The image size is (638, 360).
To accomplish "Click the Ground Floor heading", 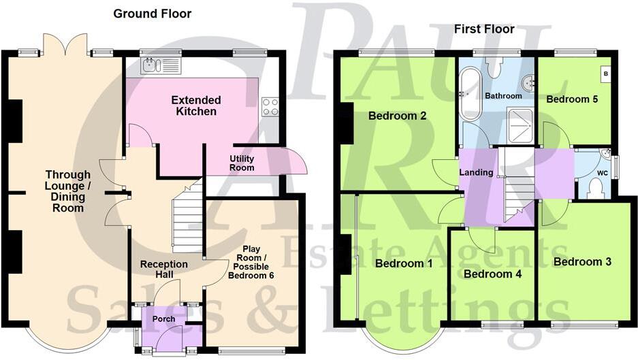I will click(x=153, y=14).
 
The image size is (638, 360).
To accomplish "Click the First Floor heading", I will click(x=484, y=29).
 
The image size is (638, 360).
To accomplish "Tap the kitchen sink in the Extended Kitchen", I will click(x=161, y=65).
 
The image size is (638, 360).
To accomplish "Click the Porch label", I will click(x=163, y=318).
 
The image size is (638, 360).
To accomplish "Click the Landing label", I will click(x=476, y=172).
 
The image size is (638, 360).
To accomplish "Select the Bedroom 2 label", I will click(x=397, y=116).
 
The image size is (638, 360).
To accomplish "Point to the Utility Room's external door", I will click(x=294, y=162).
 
